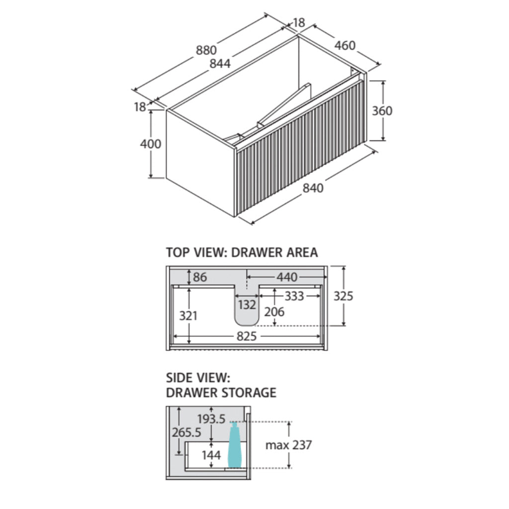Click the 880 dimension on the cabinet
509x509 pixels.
(x=206, y=50)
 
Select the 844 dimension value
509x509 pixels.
(x=219, y=64)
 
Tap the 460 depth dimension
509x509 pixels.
(x=345, y=45)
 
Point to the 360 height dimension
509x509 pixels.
(x=382, y=111)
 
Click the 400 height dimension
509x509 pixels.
(x=151, y=144)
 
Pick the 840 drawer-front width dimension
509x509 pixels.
(x=313, y=188)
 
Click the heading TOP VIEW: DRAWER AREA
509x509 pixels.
(x=242, y=253)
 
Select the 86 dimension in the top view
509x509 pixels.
(x=200, y=277)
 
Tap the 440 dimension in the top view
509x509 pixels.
(x=287, y=277)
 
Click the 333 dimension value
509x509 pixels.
(x=294, y=296)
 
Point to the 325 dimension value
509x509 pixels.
(x=342, y=296)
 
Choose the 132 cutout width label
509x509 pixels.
(x=247, y=305)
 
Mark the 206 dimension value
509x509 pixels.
(x=274, y=312)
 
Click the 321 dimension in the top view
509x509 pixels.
(x=189, y=316)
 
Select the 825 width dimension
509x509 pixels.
(x=246, y=337)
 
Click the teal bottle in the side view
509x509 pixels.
(x=235, y=445)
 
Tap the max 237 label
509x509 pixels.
(x=288, y=445)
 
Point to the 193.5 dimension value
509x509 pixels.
(x=211, y=419)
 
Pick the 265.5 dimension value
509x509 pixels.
(x=186, y=432)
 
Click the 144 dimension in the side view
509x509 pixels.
(x=211, y=455)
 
